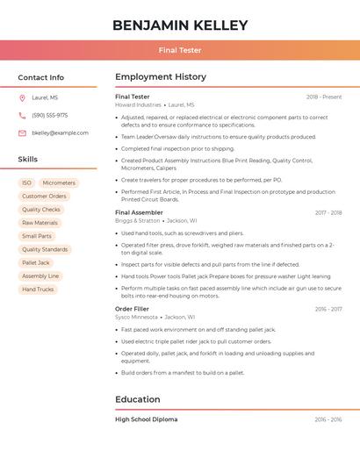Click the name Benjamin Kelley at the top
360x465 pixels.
(x=180, y=25)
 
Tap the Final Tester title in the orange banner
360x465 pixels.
(x=180, y=50)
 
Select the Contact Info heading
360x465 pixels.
(x=40, y=77)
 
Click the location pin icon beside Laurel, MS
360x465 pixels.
(x=22, y=98)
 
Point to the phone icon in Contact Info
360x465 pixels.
(x=22, y=116)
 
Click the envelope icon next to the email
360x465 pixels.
(x=22, y=133)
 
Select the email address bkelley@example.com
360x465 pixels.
(x=60, y=133)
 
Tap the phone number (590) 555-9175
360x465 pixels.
(x=49, y=116)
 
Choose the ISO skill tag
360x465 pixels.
(x=26, y=183)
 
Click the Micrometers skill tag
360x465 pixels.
(x=59, y=183)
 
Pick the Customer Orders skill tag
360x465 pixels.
(x=44, y=197)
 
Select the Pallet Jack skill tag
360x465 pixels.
(x=36, y=262)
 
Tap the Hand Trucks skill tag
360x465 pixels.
(x=38, y=289)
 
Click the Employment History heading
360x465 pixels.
(x=161, y=77)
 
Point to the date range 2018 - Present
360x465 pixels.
(x=324, y=97)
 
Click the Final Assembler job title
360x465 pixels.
(x=139, y=212)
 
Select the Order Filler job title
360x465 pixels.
(x=132, y=309)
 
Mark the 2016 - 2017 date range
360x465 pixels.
(x=328, y=309)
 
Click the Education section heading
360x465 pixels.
(x=138, y=400)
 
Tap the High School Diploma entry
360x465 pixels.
(x=146, y=419)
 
